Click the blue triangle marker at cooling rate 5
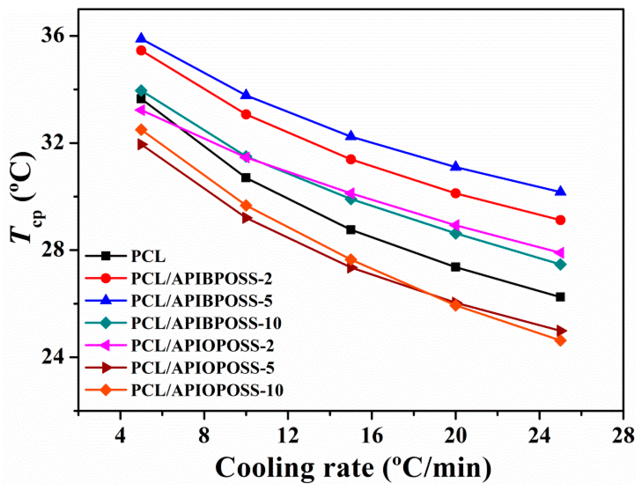(141, 39)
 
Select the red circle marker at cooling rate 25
(560, 220)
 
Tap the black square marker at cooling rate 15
(351, 230)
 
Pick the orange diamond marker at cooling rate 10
(246, 206)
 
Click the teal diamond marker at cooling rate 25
(560, 265)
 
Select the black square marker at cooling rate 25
(560, 297)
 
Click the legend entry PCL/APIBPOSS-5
(202, 301)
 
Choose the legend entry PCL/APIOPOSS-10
(207, 390)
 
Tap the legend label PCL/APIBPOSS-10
(206, 323)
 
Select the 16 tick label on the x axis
(372, 436)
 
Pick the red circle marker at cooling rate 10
(246, 115)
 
